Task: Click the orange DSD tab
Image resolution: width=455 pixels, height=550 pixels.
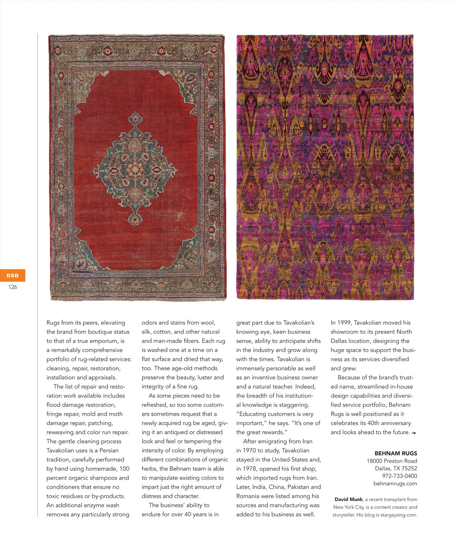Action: [x=13, y=275]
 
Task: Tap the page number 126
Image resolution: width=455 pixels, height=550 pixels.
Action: [x=13, y=287]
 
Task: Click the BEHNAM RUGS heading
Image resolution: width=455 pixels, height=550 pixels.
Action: [x=395, y=453]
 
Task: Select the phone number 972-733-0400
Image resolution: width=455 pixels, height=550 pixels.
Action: [x=399, y=476]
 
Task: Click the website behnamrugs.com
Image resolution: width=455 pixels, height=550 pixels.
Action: [x=395, y=484]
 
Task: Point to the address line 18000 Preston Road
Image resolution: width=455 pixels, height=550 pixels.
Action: [x=392, y=461]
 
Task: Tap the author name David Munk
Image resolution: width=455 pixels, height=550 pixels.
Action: [x=348, y=500]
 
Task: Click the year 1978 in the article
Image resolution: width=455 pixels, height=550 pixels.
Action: [x=248, y=469]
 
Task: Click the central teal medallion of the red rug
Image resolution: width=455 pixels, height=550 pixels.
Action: [x=135, y=167]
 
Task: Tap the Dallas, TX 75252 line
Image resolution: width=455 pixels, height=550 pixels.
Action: [x=396, y=468]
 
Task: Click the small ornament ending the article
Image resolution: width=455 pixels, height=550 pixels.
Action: [x=414, y=433]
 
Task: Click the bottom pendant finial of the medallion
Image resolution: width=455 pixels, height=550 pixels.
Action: [x=135, y=220]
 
